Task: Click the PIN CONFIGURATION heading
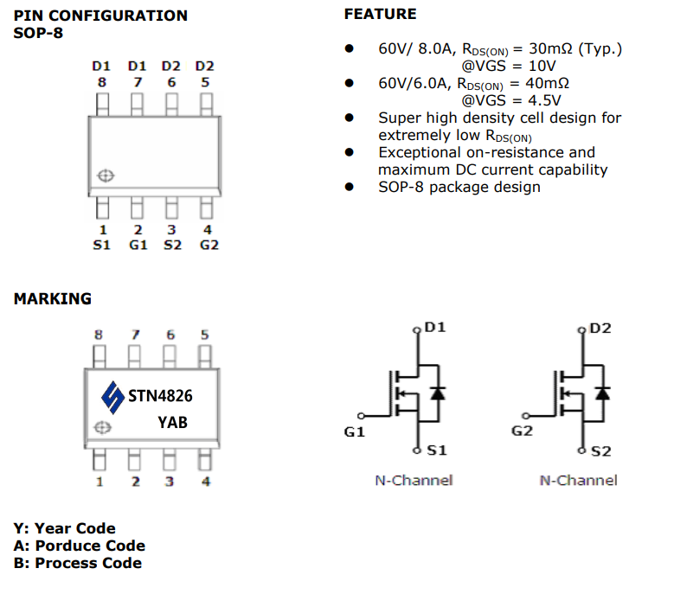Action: [100, 16]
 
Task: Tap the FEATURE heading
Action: [380, 14]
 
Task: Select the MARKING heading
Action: [52, 299]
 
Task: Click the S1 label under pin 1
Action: [102, 245]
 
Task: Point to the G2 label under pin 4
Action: [209, 245]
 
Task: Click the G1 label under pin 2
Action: [138, 245]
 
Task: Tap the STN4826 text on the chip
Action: [160, 396]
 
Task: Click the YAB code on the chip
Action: [172, 423]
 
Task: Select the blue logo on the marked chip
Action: [112, 397]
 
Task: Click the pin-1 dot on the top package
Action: [105, 176]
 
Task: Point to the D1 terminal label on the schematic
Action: [435, 329]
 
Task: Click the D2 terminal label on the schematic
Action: [600, 329]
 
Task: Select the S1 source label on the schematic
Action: [437, 450]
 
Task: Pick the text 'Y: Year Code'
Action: [65, 528]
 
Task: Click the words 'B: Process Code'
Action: [78, 563]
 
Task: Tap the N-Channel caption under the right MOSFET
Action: [578, 480]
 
